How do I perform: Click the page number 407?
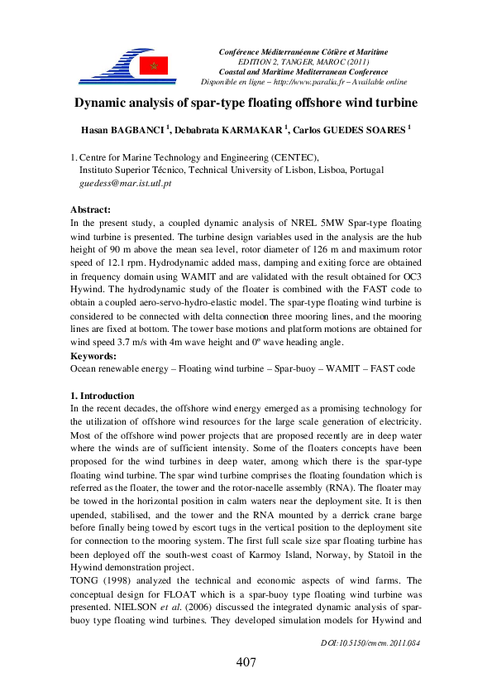246,662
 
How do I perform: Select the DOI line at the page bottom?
370,642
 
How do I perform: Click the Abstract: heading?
90,210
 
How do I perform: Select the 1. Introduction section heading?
103,396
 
